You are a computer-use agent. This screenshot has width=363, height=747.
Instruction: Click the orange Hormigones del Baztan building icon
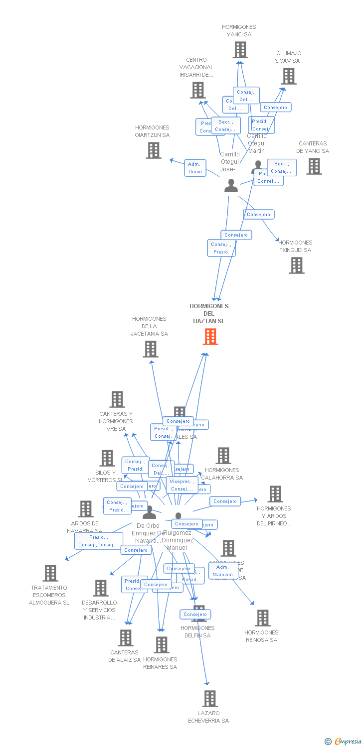210,337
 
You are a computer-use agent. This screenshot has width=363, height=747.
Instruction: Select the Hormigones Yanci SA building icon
240,50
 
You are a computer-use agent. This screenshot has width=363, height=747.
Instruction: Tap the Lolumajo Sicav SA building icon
288,76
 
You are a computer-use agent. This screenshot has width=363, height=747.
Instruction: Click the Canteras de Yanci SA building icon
314,166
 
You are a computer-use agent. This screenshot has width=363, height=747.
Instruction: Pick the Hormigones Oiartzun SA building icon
154,150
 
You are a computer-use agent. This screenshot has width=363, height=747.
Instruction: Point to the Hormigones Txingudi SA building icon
296,265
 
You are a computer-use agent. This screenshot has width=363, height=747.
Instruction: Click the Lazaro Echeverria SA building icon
210,699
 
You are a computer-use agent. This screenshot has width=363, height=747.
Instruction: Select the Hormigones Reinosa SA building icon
262,618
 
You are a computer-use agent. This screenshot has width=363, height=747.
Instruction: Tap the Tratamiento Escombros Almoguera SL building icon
50,573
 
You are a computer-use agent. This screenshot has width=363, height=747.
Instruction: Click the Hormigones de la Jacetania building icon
151,349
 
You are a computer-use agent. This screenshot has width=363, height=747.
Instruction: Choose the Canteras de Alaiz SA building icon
125,638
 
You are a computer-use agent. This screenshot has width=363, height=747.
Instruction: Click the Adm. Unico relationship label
195,168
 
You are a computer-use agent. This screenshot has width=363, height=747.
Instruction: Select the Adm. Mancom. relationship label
223,571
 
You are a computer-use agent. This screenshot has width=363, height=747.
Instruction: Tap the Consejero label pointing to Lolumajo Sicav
275,108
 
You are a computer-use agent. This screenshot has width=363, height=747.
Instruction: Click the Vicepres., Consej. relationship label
181,485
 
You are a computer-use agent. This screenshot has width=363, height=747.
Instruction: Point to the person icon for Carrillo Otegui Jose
231,186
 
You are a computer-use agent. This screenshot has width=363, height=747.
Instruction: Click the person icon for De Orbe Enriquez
149,512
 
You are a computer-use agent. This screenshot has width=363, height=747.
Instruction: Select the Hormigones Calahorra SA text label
222,474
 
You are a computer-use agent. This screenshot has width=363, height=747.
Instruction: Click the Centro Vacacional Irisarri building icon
197,90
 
